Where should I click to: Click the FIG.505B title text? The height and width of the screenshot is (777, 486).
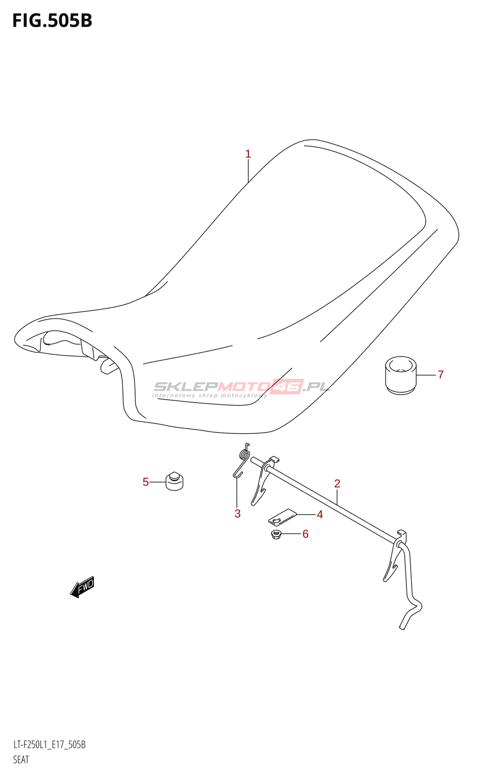(x=52, y=21)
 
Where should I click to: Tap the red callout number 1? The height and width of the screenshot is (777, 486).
(x=248, y=154)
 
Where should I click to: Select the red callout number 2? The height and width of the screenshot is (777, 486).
(x=337, y=484)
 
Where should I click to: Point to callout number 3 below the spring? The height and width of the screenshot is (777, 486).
(x=238, y=514)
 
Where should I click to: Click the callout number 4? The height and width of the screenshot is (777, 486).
(x=320, y=515)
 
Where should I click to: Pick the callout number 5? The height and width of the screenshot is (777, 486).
(x=145, y=482)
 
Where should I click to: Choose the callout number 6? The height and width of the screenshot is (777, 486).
(x=305, y=534)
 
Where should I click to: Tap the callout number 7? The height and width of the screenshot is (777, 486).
(x=440, y=374)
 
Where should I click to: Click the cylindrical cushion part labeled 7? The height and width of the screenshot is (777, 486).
(x=401, y=375)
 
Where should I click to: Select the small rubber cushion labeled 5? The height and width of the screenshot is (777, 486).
(x=174, y=481)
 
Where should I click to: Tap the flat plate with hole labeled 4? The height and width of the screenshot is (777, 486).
(x=282, y=517)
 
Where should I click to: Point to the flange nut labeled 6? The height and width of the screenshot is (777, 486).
(x=277, y=536)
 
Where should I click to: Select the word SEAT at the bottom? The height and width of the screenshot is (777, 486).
(x=21, y=760)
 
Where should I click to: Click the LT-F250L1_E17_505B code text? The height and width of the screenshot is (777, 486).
(x=49, y=745)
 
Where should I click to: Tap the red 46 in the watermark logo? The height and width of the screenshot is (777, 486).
(x=287, y=387)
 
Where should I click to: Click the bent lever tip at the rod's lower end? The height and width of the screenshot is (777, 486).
(x=403, y=626)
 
